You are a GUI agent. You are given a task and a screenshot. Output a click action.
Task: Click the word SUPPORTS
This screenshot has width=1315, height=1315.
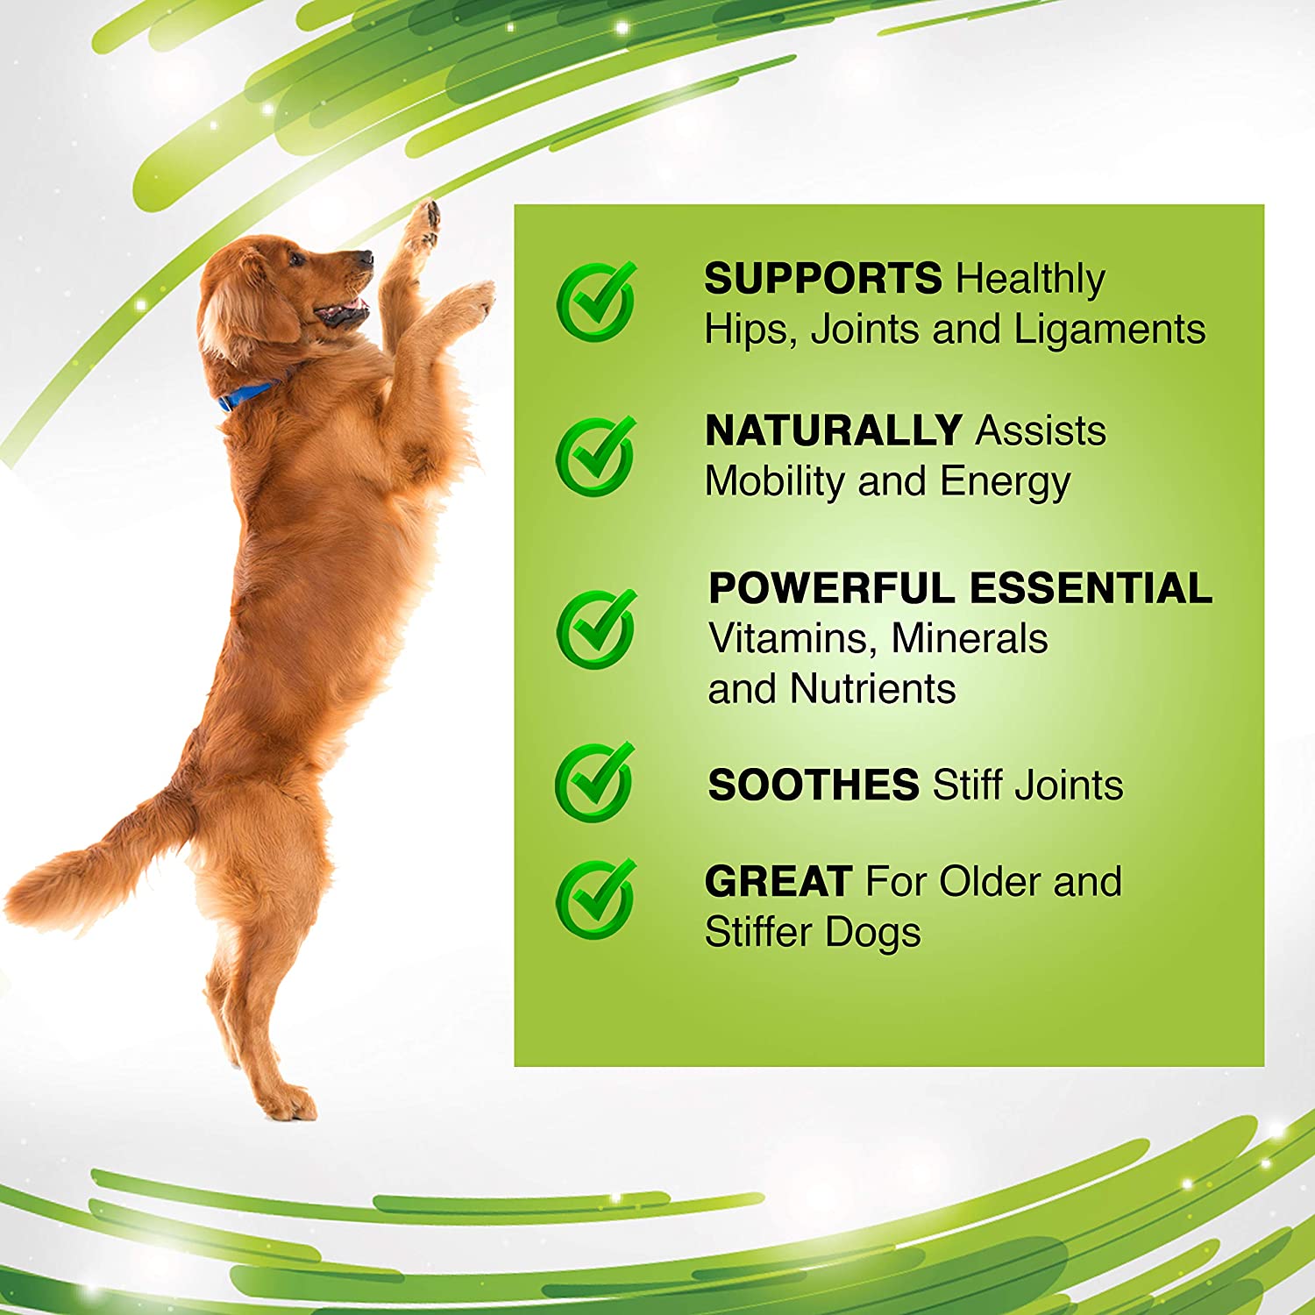[822, 279]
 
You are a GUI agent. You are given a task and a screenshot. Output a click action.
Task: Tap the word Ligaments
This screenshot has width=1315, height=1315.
[1110, 331]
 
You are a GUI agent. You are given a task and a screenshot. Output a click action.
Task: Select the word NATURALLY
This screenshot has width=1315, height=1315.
[833, 430]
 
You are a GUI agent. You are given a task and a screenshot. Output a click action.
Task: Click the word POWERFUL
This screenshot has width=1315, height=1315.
[830, 587]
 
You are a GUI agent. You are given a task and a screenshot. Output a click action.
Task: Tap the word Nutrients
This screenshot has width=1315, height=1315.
[872, 689]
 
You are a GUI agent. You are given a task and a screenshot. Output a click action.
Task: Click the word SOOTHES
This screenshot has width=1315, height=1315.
[813, 785]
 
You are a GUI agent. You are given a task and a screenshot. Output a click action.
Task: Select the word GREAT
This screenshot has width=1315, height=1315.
[778, 881]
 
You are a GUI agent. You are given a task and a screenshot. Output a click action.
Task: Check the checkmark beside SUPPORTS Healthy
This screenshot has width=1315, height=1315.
[596, 301]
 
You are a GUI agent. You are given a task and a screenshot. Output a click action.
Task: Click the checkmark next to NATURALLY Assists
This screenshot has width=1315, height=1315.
[596, 455]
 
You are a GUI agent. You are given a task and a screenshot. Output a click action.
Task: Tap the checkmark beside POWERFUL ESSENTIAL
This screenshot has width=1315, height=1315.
[596, 629]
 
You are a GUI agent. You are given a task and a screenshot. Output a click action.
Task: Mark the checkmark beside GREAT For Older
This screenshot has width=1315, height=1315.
[596, 899]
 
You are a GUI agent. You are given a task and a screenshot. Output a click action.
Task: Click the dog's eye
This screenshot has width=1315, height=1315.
[296, 259]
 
